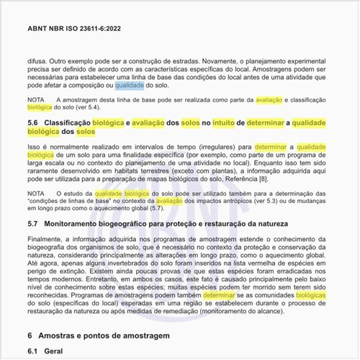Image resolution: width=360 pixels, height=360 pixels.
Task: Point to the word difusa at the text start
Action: click(38, 63)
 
